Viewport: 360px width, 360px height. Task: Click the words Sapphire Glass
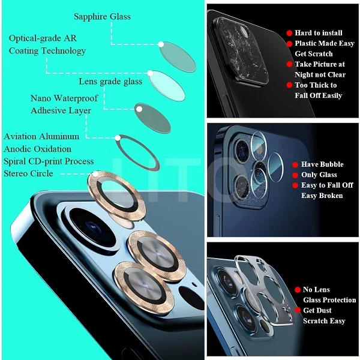point(102,17)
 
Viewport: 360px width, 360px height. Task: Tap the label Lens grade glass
point(110,82)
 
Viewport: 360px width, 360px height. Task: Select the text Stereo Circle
point(28,173)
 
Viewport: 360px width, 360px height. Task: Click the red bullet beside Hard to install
point(289,33)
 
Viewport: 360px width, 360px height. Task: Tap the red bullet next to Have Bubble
point(295,164)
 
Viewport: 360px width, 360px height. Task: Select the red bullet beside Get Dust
point(298,310)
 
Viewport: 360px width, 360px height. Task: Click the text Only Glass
point(319,175)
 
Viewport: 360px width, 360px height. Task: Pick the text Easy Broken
point(322,196)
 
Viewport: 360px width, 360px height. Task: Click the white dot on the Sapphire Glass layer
point(161,44)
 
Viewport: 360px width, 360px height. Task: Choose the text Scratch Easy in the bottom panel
point(324,321)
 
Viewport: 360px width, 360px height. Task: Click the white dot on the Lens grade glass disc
point(150,73)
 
